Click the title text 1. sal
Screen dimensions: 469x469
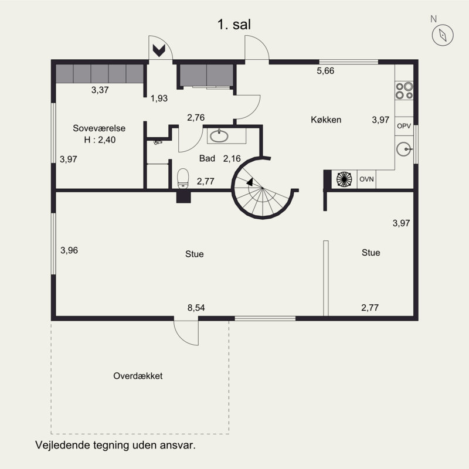tap(234, 24)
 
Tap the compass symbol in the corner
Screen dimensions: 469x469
tap(443, 35)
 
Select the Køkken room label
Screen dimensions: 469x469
tap(326, 120)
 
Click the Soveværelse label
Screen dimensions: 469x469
tap(99, 128)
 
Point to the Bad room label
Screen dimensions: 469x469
tap(207, 158)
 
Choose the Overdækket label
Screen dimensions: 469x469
tap(138, 376)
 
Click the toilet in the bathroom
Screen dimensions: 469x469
tap(183, 179)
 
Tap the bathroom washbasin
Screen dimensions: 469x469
tap(219, 136)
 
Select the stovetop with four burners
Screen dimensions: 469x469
tap(404, 91)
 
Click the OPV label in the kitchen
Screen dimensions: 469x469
tap(404, 126)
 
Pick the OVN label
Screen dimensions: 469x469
tap(366, 179)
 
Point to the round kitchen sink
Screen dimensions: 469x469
tap(404, 149)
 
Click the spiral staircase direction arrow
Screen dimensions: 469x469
tap(250, 182)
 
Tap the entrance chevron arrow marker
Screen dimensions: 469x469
tap(159, 50)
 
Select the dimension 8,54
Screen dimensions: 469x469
tap(196, 307)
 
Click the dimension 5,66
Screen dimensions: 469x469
tap(325, 70)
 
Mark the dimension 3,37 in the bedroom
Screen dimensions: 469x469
tap(100, 90)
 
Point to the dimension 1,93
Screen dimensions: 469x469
tap(159, 98)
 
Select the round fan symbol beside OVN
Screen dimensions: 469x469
tap(344, 179)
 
